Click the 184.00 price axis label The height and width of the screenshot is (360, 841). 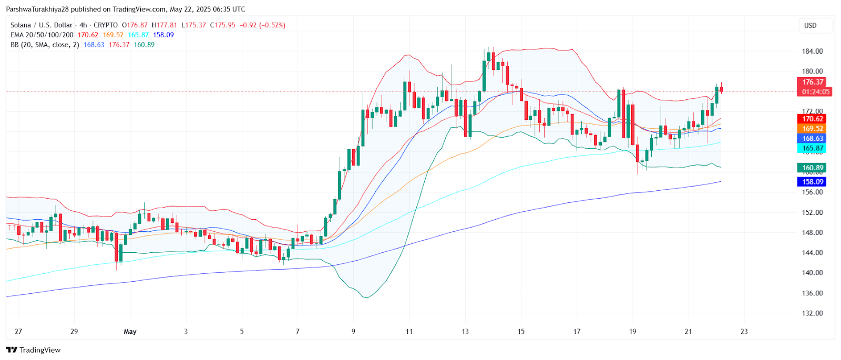pyautogui.click(x=812, y=51)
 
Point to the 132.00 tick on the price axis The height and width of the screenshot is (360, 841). pyautogui.click(x=812, y=313)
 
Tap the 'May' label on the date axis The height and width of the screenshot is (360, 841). pyautogui.click(x=130, y=332)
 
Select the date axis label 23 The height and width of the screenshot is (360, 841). pyautogui.click(x=744, y=332)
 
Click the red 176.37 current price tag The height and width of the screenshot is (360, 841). pyautogui.click(x=812, y=82)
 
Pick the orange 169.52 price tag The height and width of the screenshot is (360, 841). pyautogui.click(x=812, y=129)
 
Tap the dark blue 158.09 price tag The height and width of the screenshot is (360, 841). pyautogui.click(x=812, y=182)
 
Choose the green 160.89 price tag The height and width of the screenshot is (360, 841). pyautogui.click(x=812, y=168)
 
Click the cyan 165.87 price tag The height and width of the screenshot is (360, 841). pyautogui.click(x=812, y=148)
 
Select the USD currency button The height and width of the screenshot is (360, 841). pyautogui.click(x=810, y=25)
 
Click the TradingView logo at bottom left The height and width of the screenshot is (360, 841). pyautogui.click(x=34, y=350)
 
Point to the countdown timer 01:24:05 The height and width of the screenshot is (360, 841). pyautogui.click(x=815, y=92)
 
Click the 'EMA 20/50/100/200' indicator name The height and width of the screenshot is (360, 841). pyautogui.click(x=42, y=35)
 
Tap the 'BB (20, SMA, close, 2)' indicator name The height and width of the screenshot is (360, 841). pyautogui.click(x=45, y=45)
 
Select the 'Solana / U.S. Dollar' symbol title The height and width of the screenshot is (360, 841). pyautogui.click(x=42, y=25)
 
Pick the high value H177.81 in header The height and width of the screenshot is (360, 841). pyautogui.click(x=165, y=25)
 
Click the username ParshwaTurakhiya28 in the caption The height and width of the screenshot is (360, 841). pyautogui.click(x=37, y=9)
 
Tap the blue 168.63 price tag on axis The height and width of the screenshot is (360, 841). pyautogui.click(x=812, y=139)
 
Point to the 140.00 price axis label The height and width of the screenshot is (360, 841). pyautogui.click(x=812, y=273)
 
